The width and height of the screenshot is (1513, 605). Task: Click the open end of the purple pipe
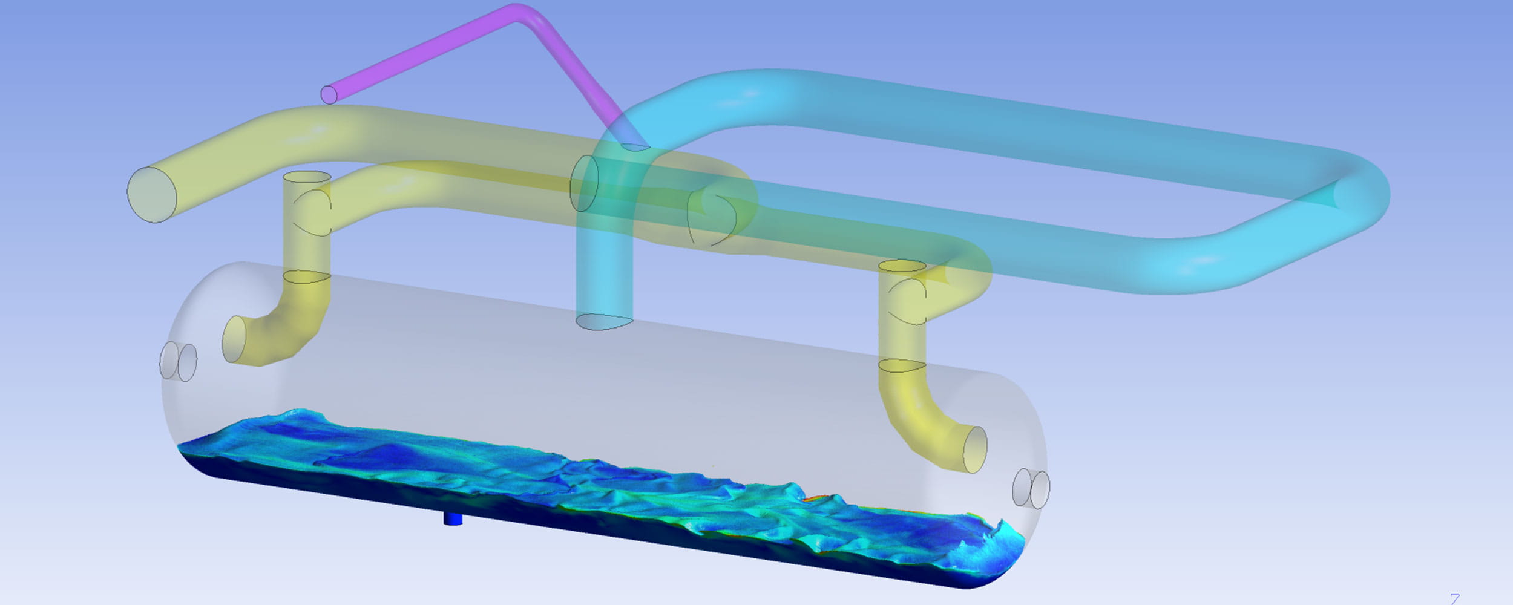329,95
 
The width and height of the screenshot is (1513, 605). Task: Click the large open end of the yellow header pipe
152,195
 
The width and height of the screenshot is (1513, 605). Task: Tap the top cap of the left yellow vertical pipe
307,177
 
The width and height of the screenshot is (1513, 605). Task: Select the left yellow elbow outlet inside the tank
234,339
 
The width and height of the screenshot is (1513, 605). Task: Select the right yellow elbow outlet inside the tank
974,450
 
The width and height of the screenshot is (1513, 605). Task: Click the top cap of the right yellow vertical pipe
902,266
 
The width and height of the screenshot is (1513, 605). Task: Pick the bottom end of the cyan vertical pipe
604,322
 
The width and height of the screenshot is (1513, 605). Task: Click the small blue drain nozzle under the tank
453,519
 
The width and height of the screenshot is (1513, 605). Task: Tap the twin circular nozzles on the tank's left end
178,362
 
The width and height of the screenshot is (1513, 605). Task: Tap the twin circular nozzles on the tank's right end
1031,488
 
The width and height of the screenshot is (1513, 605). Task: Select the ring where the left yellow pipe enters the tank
307,277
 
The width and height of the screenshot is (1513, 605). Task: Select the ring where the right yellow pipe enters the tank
902,365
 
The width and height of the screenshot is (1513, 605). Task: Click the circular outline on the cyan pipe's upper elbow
584,183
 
